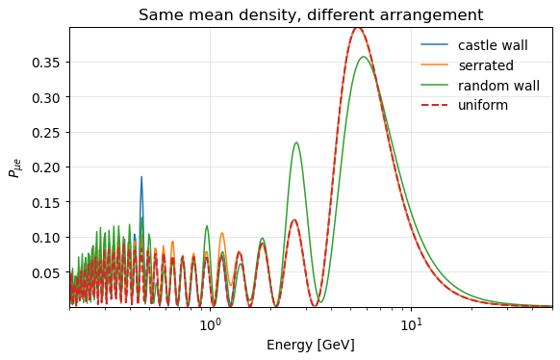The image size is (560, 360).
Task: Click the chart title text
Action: [311, 15]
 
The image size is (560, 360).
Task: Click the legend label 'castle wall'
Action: [493, 45]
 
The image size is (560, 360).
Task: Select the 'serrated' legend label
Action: [486, 65]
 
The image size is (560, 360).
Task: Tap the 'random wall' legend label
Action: [498, 86]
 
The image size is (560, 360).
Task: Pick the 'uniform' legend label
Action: [483, 105]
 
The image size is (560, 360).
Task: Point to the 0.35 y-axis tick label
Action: [47, 63]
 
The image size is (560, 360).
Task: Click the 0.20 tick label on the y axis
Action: [47, 167]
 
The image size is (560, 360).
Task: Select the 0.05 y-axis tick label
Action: [47, 272]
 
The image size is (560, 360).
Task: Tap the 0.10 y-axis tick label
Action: [47, 238]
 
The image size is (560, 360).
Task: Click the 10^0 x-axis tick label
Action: [210, 324]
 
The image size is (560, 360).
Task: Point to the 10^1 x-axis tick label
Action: [411, 324]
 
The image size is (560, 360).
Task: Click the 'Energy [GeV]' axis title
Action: [311, 345]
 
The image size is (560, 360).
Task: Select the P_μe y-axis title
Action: [15, 167]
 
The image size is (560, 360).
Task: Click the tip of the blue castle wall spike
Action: [141, 176]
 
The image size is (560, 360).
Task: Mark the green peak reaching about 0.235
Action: [296, 142]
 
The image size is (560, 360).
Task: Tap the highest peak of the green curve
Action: [363, 57]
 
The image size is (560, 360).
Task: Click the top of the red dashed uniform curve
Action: [358, 28]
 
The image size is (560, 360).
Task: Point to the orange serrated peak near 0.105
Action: [221, 233]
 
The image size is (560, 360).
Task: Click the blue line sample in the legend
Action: [434, 44]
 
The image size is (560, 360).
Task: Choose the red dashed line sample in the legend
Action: [434, 105]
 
